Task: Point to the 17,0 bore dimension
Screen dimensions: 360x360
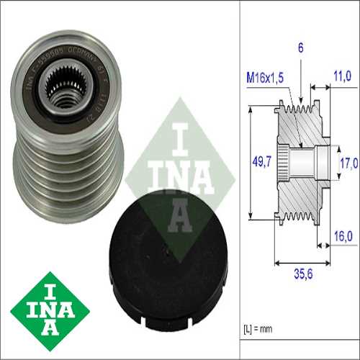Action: click(x=348, y=163)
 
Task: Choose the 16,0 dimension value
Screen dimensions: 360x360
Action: click(x=342, y=235)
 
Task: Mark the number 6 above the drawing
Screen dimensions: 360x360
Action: click(x=300, y=48)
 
